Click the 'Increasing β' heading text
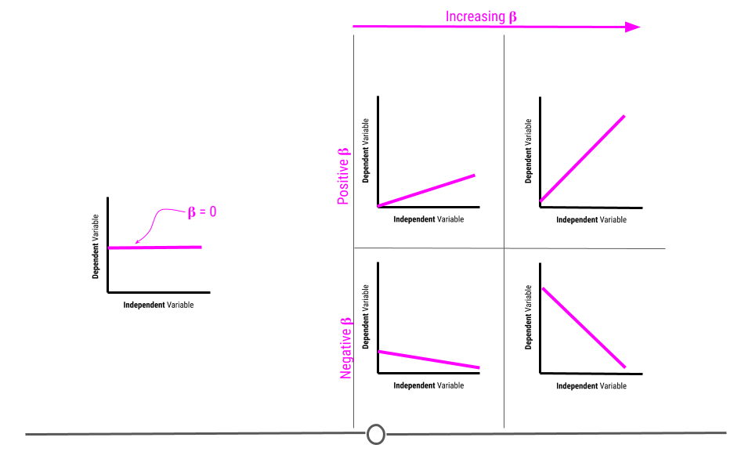coord(481,16)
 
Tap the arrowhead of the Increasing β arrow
coord(633,27)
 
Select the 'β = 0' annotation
coord(202,211)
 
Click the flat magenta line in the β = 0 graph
coord(155,248)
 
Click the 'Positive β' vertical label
coord(344,176)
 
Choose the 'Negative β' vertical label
coord(345,349)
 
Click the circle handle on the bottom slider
coord(375,435)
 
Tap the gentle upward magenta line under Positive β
coord(426,191)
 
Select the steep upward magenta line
coord(582,159)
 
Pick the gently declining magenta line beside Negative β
coord(428,360)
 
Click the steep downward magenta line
coord(584,328)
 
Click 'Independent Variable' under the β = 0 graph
coord(158,305)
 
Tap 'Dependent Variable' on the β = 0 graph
coord(96,247)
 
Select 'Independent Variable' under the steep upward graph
coord(591,219)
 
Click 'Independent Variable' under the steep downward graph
coord(591,386)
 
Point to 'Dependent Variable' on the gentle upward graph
coord(366,150)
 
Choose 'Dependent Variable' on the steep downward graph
coord(529,317)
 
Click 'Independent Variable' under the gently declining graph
coord(428,385)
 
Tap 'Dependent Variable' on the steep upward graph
coord(529,151)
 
